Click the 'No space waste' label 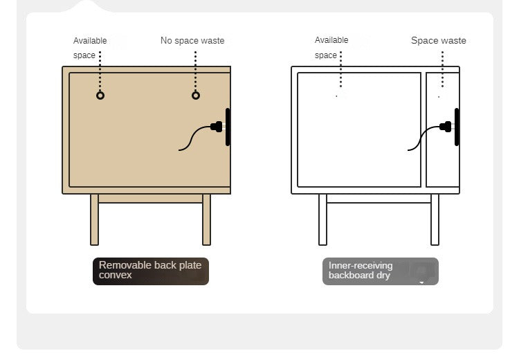(192, 40)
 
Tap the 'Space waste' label (439, 40)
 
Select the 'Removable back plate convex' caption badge (151, 271)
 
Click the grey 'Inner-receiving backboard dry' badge (381, 271)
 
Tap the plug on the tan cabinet (217, 127)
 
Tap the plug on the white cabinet (446, 127)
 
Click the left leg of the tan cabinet (94, 219)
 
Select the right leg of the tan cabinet (206, 219)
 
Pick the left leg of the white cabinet (322, 219)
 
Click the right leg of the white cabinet (435, 219)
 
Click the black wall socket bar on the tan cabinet (228, 127)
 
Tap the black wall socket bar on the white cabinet (457, 127)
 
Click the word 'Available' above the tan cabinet (90, 41)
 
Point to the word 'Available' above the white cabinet (331, 40)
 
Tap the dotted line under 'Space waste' (443, 69)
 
